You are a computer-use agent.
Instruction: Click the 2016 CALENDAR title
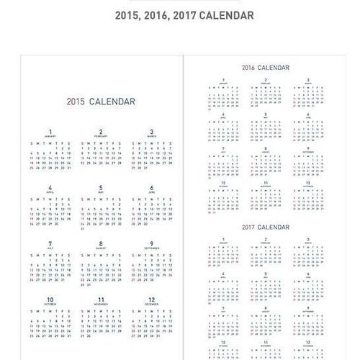tap(265, 67)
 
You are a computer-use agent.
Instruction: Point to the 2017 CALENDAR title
tap(265, 228)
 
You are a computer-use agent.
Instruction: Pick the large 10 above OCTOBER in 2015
tap(50, 299)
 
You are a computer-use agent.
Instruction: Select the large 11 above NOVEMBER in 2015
tap(101, 299)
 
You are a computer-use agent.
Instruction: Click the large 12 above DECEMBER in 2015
tap(152, 299)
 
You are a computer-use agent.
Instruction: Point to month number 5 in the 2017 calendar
tap(266, 274)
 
